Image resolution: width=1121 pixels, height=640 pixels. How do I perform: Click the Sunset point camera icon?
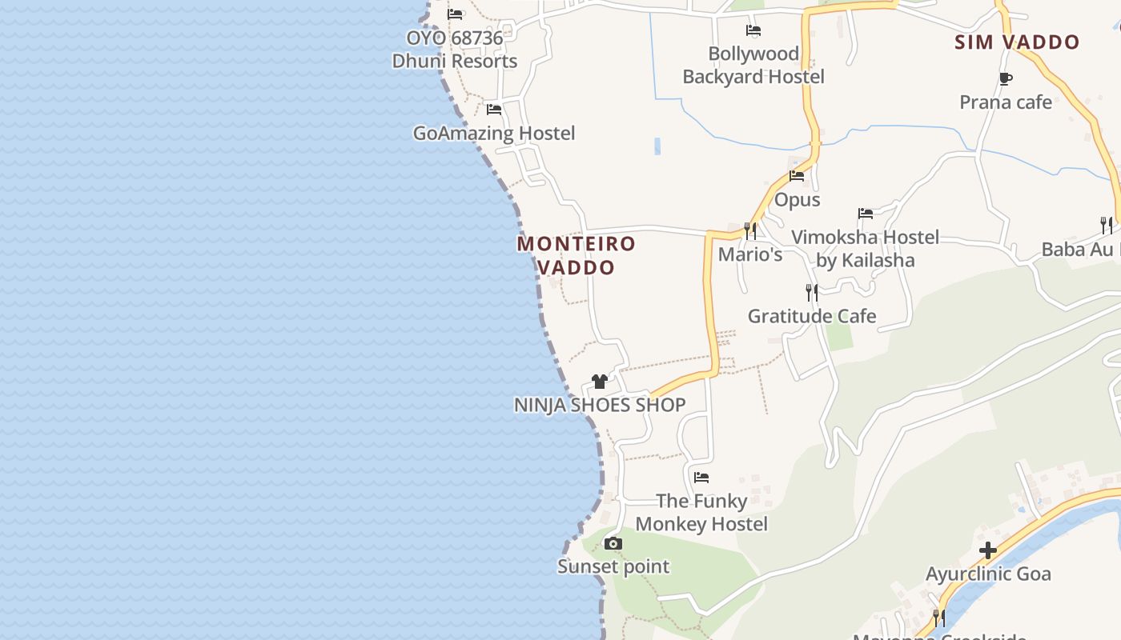(x=613, y=544)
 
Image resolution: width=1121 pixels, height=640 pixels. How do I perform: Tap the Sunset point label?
(x=613, y=566)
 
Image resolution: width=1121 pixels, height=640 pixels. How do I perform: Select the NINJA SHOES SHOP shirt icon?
(x=600, y=382)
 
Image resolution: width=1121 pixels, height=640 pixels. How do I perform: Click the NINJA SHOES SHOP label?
(x=600, y=405)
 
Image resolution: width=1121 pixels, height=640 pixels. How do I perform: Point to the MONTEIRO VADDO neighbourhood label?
(x=577, y=255)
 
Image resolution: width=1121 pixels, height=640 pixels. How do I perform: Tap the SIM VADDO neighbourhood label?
(x=1017, y=42)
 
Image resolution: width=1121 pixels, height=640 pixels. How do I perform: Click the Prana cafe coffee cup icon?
(x=1006, y=78)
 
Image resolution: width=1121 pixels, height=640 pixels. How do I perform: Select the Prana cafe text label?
(x=1006, y=102)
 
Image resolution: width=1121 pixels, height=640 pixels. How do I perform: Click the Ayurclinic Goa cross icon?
(x=988, y=550)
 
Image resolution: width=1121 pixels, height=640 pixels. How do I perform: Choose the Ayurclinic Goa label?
(x=988, y=574)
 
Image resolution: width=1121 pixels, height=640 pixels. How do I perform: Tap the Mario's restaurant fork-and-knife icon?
(x=750, y=231)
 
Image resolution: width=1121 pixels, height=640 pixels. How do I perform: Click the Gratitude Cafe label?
(x=812, y=316)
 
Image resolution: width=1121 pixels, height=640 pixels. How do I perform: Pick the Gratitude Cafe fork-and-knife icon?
(x=812, y=293)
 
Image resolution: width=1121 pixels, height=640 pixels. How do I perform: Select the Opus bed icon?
(x=797, y=176)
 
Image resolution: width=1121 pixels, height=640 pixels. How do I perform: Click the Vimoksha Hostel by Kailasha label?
(x=866, y=249)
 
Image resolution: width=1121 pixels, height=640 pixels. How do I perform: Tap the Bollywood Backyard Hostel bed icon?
(x=753, y=30)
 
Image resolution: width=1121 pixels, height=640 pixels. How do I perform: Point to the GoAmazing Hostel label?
(x=494, y=133)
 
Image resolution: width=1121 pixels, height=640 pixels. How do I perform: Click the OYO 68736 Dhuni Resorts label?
(x=455, y=50)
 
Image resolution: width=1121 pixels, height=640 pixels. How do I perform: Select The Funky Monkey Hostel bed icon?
(x=701, y=478)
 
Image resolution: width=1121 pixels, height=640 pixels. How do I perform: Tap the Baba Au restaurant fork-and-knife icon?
(x=1106, y=225)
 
